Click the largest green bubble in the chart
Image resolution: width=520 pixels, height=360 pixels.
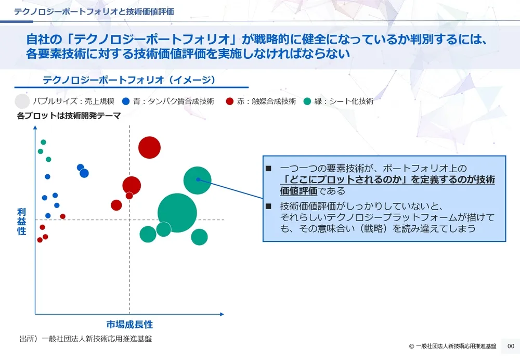click(x=177, y=212)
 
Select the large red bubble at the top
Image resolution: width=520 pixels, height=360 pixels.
click(x=150, y=147)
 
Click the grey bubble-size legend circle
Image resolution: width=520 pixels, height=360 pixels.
click(x=22, y=101)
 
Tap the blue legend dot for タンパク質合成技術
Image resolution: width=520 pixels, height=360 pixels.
click(x=125, y=101)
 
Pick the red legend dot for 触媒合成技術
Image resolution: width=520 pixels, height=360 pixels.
click(x=229, y=101)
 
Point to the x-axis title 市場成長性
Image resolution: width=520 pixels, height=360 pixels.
click(x=129, y=324)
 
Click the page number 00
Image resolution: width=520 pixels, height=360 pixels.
click(x=510, y=346)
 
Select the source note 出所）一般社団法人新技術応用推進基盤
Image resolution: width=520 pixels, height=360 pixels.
click(x=85, y=338)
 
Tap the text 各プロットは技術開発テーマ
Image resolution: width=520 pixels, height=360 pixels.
click(x=69, y=116)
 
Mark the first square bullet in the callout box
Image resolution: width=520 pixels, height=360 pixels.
click(x=268, y=169)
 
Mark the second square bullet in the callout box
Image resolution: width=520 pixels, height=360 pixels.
click(x=268, y=206)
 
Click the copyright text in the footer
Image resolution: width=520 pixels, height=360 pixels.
click(x=452, y=346)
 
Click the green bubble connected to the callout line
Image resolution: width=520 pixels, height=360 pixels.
click(x=197, y=180)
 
